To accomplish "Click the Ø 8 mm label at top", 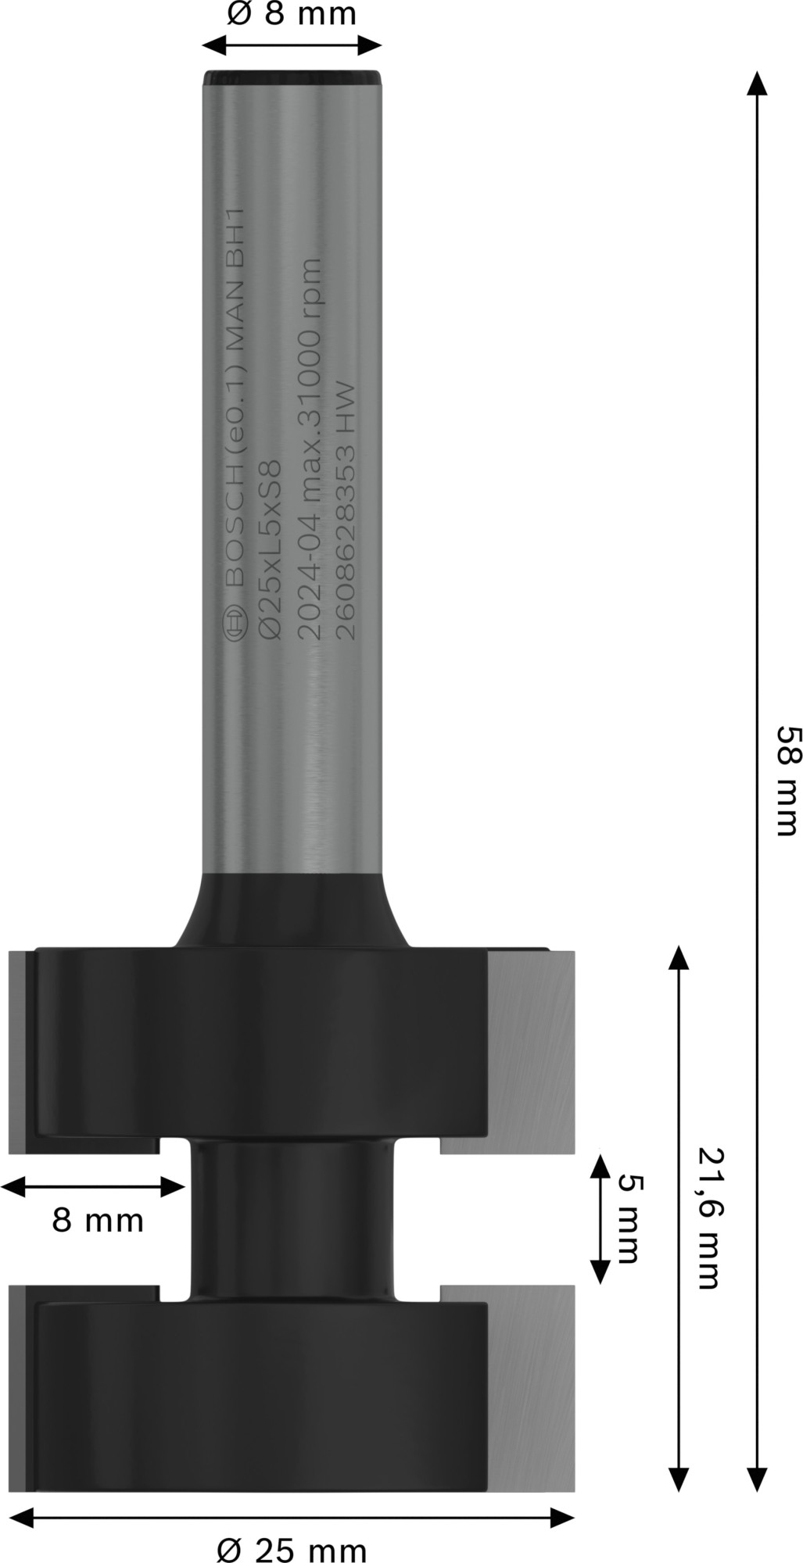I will click(x=291, y=13).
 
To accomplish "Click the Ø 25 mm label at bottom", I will click(x=291, y=1548).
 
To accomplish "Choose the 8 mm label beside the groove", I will click(x=98, y=1220).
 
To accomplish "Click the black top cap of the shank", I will click(x=292, y=78).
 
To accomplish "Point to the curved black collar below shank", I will click(x=291, y=910).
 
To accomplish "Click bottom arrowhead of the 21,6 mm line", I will click(x=679, y=1479).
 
